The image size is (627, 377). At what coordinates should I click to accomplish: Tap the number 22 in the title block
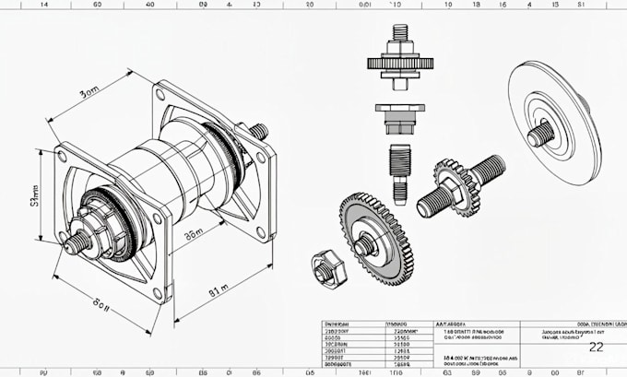596,347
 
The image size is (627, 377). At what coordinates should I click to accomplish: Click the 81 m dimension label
219,291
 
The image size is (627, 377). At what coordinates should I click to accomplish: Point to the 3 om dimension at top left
89,94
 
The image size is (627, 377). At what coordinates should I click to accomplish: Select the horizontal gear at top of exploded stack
399,64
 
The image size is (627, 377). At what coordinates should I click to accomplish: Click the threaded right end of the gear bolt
489,170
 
